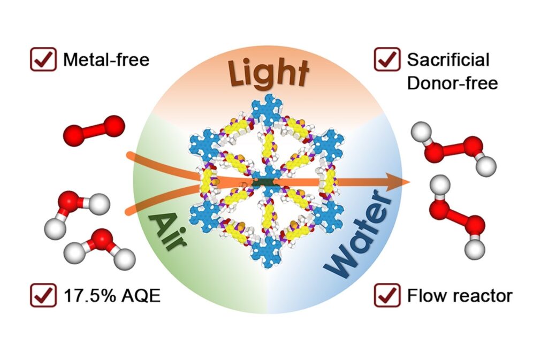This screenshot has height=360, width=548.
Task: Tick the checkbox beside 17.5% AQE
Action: coord(43,295)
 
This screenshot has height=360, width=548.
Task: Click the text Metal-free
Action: coord(106,59)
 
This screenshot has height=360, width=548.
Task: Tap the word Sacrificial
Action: coord(448,59)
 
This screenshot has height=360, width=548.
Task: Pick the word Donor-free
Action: coord(452,83)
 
